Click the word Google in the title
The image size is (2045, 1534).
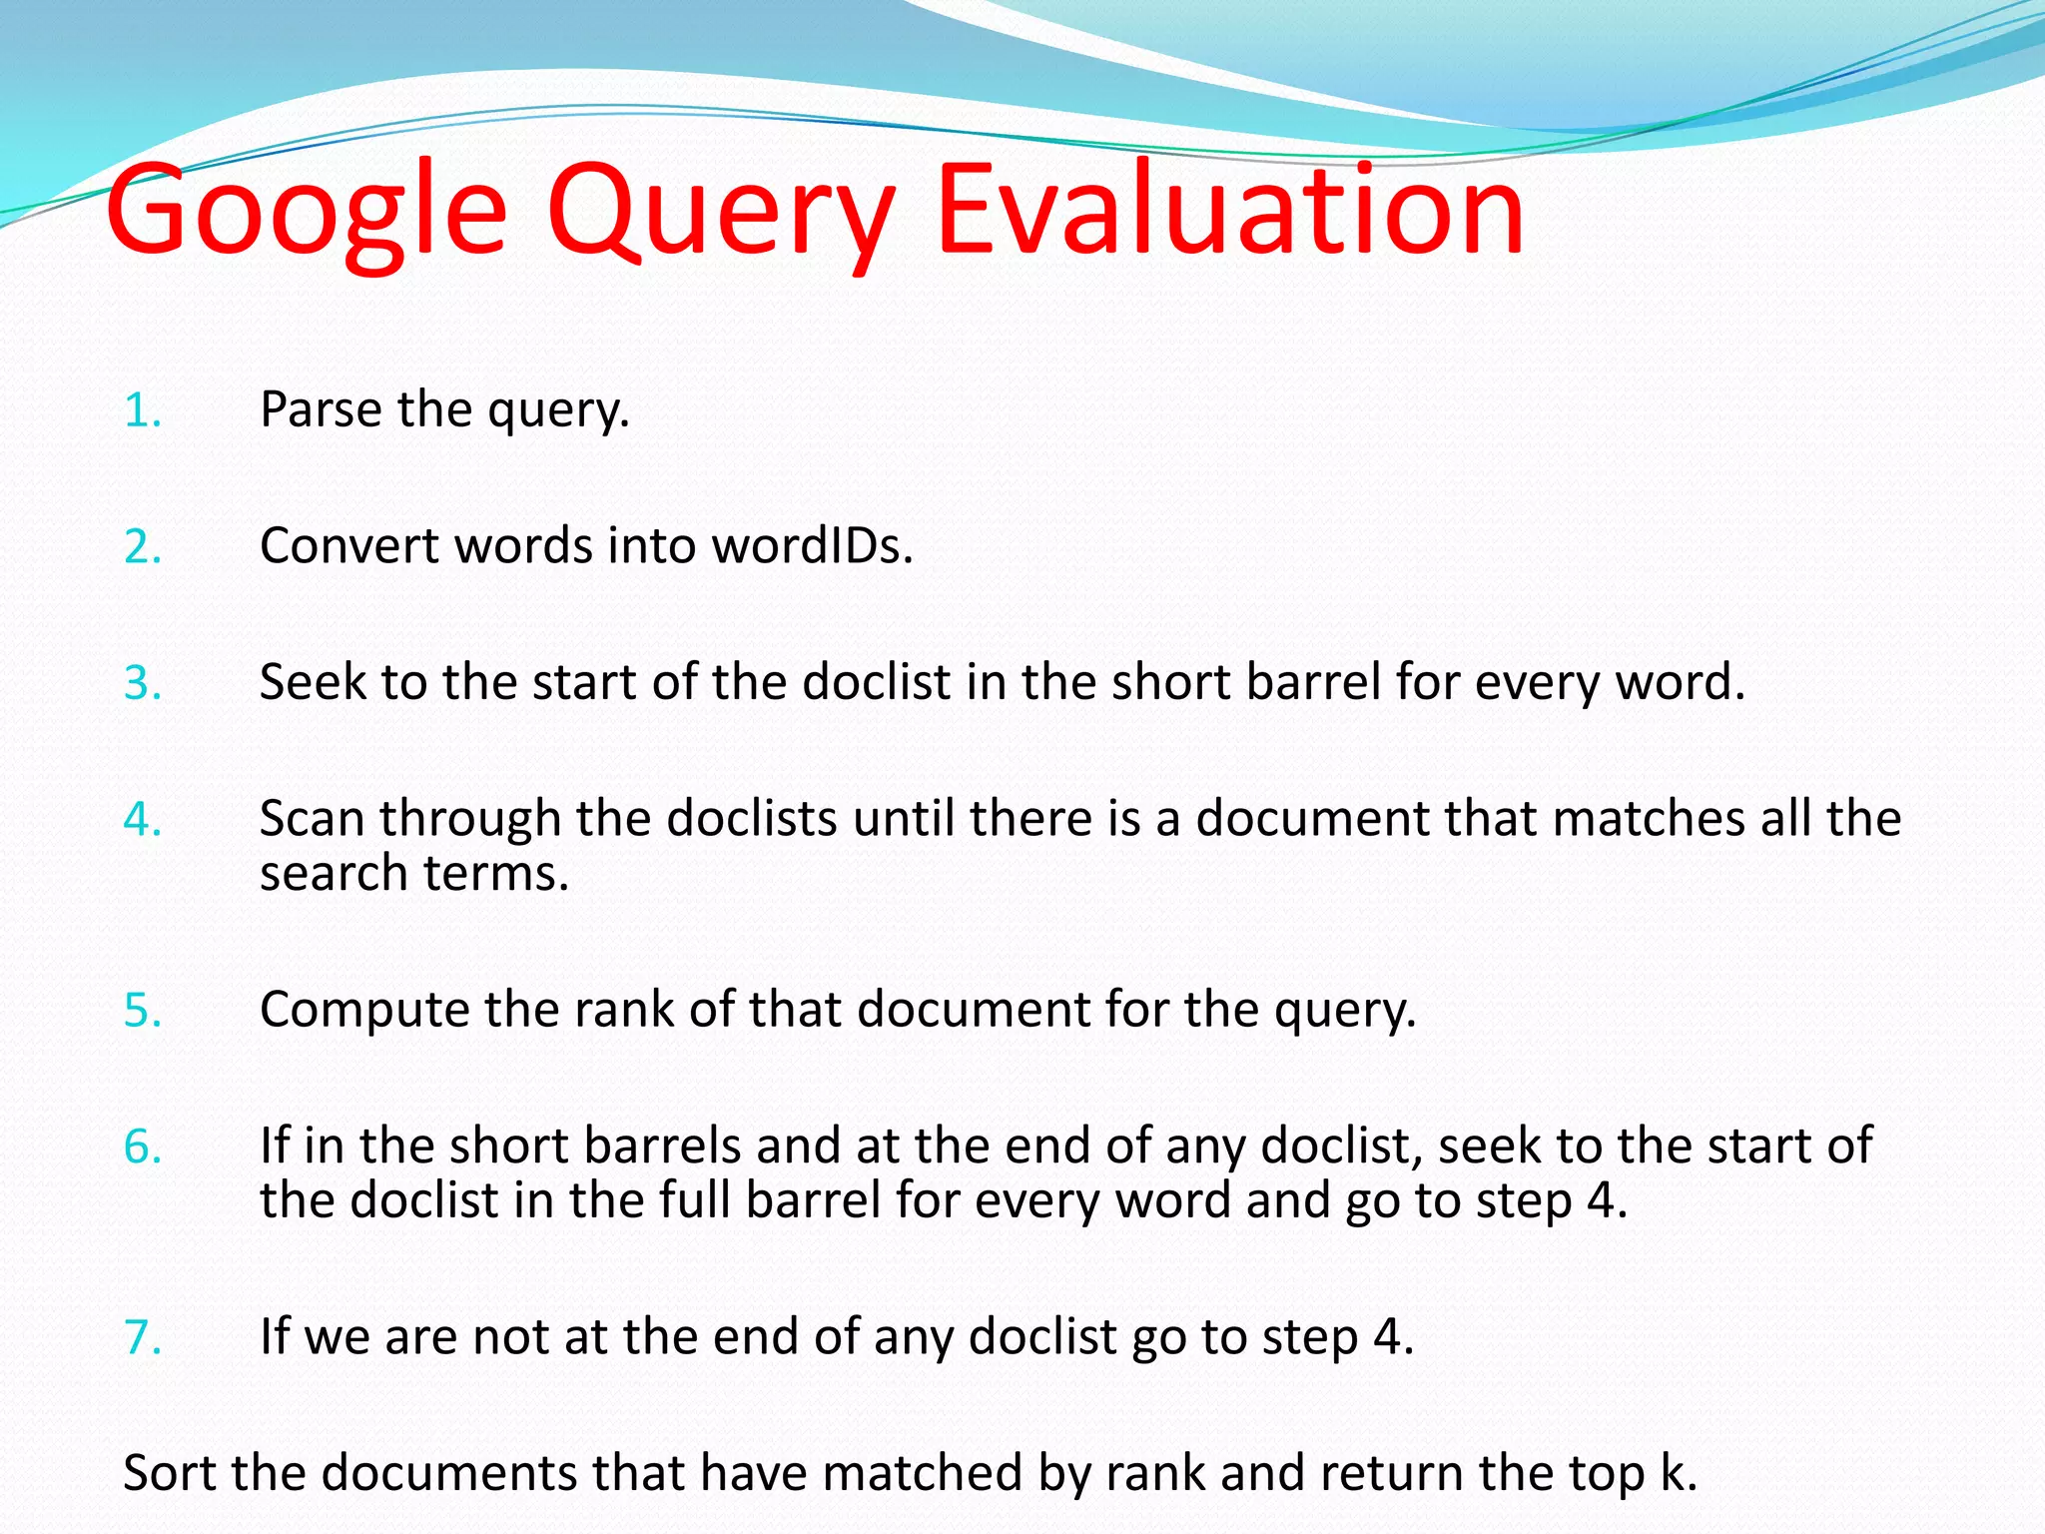tap(306, 213)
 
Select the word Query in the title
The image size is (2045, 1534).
tap(719, 213)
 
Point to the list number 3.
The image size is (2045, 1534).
tap(142, 684)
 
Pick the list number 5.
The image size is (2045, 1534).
tap(142, 1011)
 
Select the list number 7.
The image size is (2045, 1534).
tap(142, 1338)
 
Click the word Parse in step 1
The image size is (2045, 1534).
tap(321, 409)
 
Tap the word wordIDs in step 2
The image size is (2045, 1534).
tap(812, 546)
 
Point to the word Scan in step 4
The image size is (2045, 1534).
tap(312, 819)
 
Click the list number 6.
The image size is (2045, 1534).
tap(142, 1147)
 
